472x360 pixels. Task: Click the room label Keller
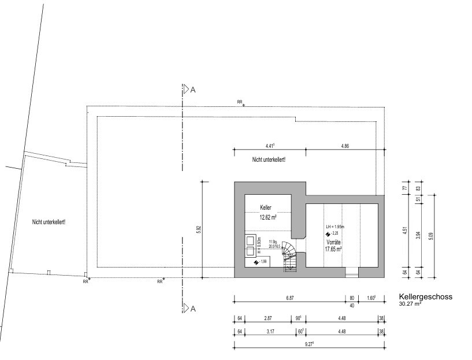pyautogui.click(x=266, y=207)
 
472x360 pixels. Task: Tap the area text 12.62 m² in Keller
pyautogui.click(x=267, y=217)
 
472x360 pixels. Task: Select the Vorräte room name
pyautogui.click(x=334, y=242)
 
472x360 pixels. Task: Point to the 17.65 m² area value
pyautogui.click(x=334, y=250)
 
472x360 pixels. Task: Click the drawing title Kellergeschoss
pyautogui.click(x=425, y=296)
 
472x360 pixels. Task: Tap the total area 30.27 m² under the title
pyautogui.click(x=410, y=303)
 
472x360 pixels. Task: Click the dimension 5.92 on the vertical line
pyautogui.click(x=198, y=229)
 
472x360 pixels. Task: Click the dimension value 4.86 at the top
pyautogui.click(x=345, y=146)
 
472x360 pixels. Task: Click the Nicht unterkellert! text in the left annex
pyautogui.click(x=49, y=221)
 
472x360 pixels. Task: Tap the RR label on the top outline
pyautogui.click(x=240, y=102)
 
